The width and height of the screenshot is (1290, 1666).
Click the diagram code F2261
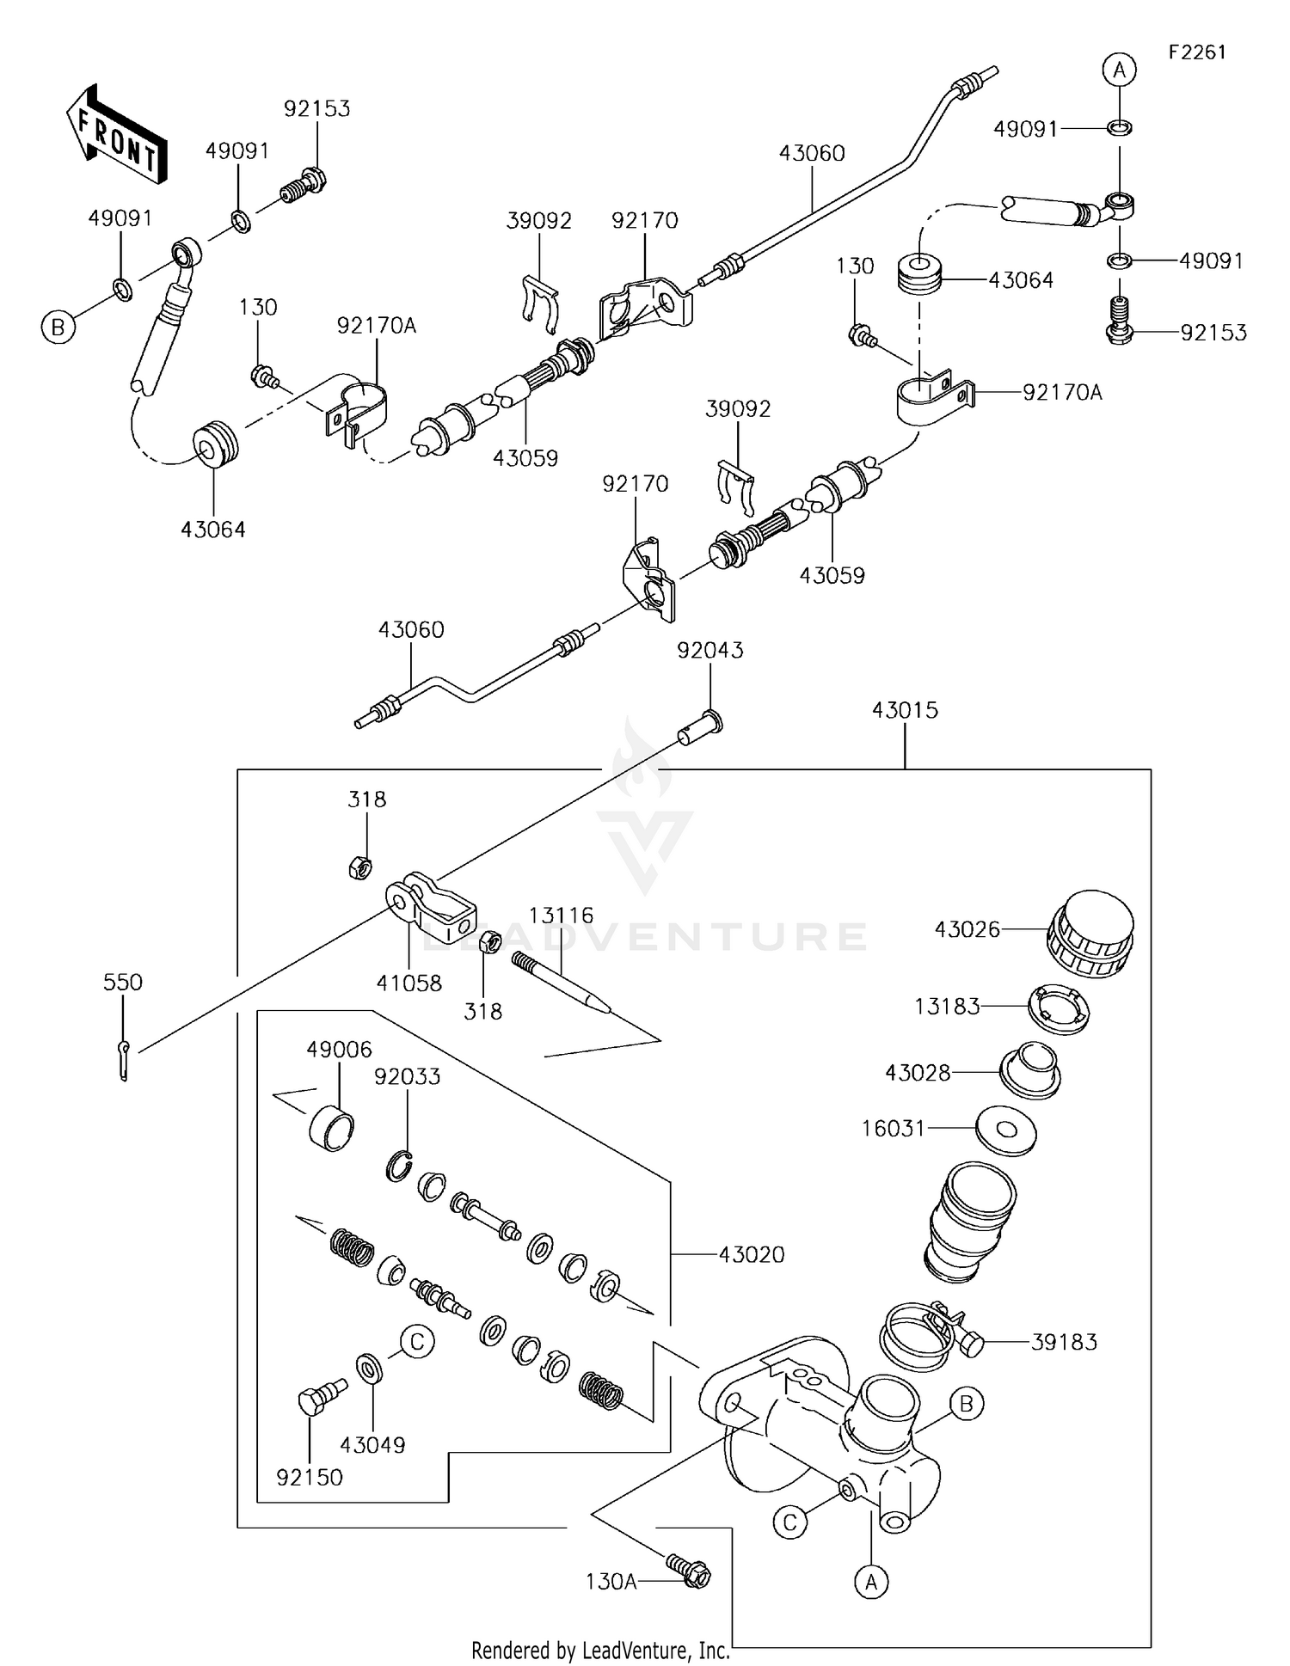[x=1196, y=52]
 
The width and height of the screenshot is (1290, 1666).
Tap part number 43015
[x=905, y=710]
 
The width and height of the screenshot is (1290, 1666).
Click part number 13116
[x=561, y=916]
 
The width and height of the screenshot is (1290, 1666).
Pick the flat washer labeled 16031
[x=1006, y=1130]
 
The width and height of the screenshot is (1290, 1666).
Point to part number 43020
[x=752, y=1255]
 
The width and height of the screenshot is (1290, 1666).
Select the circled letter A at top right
[x=1120, y=70]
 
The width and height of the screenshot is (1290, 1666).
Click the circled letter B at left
[x=58, y=327]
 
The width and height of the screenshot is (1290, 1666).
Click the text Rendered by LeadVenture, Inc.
[x=600, y=1650]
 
